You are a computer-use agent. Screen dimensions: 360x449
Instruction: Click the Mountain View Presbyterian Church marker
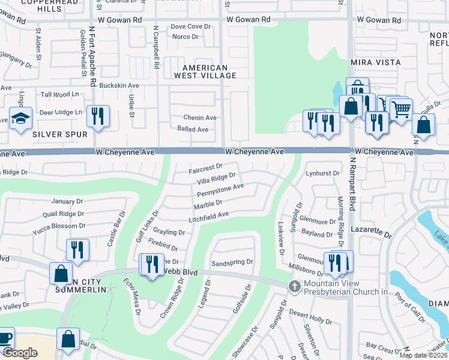tap(294, 286)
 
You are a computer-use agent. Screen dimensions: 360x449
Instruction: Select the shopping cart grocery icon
tap(401, 109)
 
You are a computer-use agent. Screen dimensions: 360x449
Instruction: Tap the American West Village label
tap(205, 71)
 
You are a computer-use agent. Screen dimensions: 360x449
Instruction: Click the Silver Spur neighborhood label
tap(60, 134)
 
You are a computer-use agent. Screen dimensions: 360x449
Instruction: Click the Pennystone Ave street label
tap(220, 191)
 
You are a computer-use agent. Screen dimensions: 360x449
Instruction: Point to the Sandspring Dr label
tap(232, 262)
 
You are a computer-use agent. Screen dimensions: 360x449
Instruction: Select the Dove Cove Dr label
tap(191, 26)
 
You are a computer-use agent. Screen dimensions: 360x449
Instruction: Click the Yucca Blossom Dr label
tap(51, 226)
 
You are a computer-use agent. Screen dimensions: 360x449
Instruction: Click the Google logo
tap(20, 353)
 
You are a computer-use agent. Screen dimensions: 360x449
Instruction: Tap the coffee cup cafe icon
tap(5, 339)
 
